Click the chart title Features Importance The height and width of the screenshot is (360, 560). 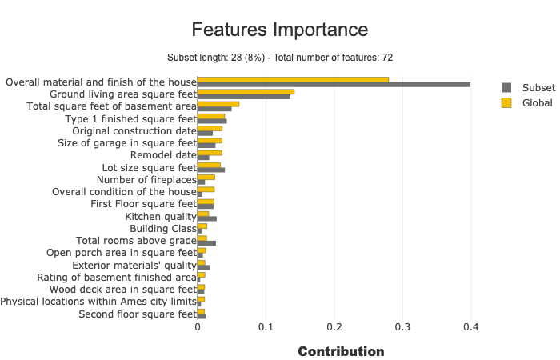[x=280, y=30]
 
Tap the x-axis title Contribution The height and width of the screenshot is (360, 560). [x=341, y=351]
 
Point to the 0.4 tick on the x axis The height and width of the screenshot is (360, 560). [x=470, y=327]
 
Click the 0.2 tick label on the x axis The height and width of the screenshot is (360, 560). [x=334, y=327]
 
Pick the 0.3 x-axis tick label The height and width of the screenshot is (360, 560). [x=402, y=327]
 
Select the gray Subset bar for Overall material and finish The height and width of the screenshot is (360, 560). [x=334, y=85]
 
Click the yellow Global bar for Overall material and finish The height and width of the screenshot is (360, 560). [x=293, y=79]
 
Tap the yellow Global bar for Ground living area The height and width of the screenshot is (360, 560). [x=246, y=91]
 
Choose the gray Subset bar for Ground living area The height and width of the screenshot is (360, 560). [x=244, y=97]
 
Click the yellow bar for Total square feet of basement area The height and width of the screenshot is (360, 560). [x=218, y=104]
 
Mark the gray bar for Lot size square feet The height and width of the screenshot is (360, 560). [x=211, y=170]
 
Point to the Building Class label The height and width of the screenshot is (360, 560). [x=162, y=228]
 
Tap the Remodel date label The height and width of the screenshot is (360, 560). [x=162, y=154]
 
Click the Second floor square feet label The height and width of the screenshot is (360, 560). [x=137, y=314]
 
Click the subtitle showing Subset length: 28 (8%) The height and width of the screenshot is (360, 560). [x=280, y=58]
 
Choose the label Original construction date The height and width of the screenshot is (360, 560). [x=134, y=130]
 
